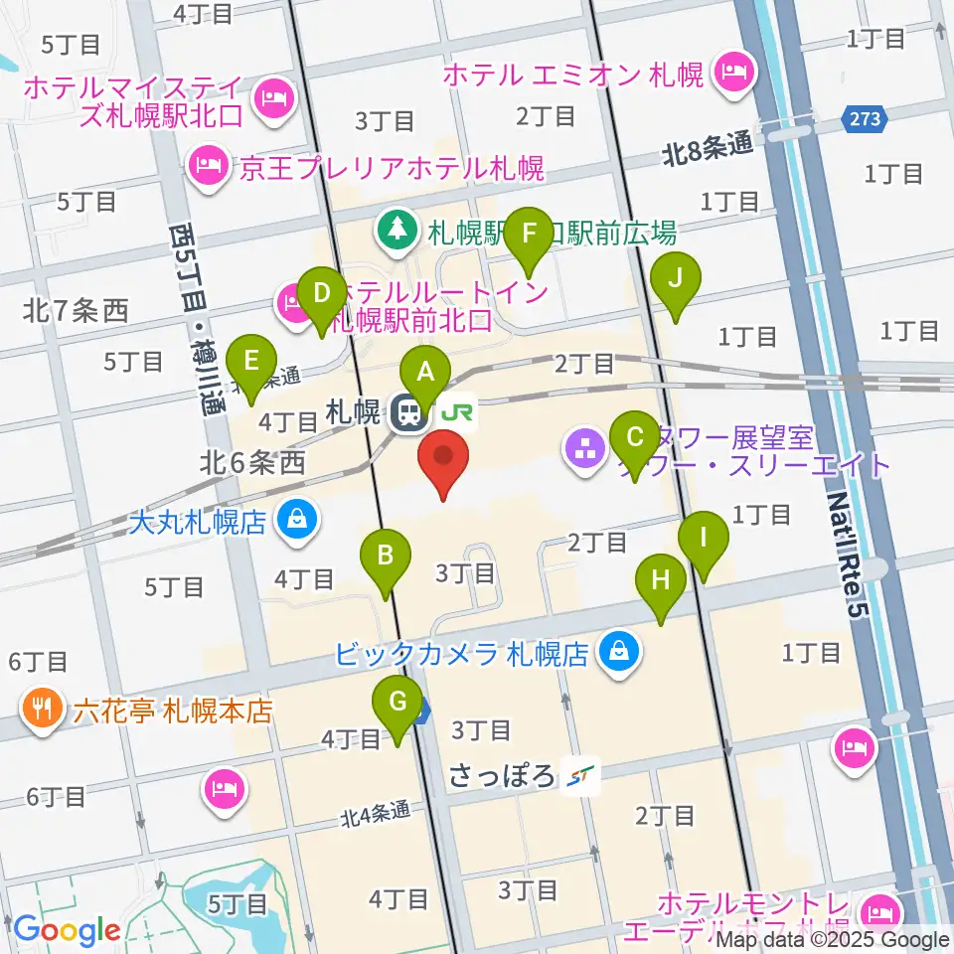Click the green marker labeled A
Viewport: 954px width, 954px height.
[426, 375]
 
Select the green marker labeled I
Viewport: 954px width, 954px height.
[704, 540]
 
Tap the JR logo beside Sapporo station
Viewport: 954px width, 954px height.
[459, 412]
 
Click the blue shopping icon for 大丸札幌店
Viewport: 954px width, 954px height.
[296, 520]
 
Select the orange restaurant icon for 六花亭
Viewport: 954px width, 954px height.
[42, 710]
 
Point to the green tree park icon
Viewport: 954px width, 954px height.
[397, 232]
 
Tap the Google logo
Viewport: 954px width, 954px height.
[67, 931]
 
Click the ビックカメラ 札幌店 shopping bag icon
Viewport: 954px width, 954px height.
[618, 653]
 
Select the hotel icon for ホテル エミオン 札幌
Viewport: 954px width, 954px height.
[734, 73]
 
